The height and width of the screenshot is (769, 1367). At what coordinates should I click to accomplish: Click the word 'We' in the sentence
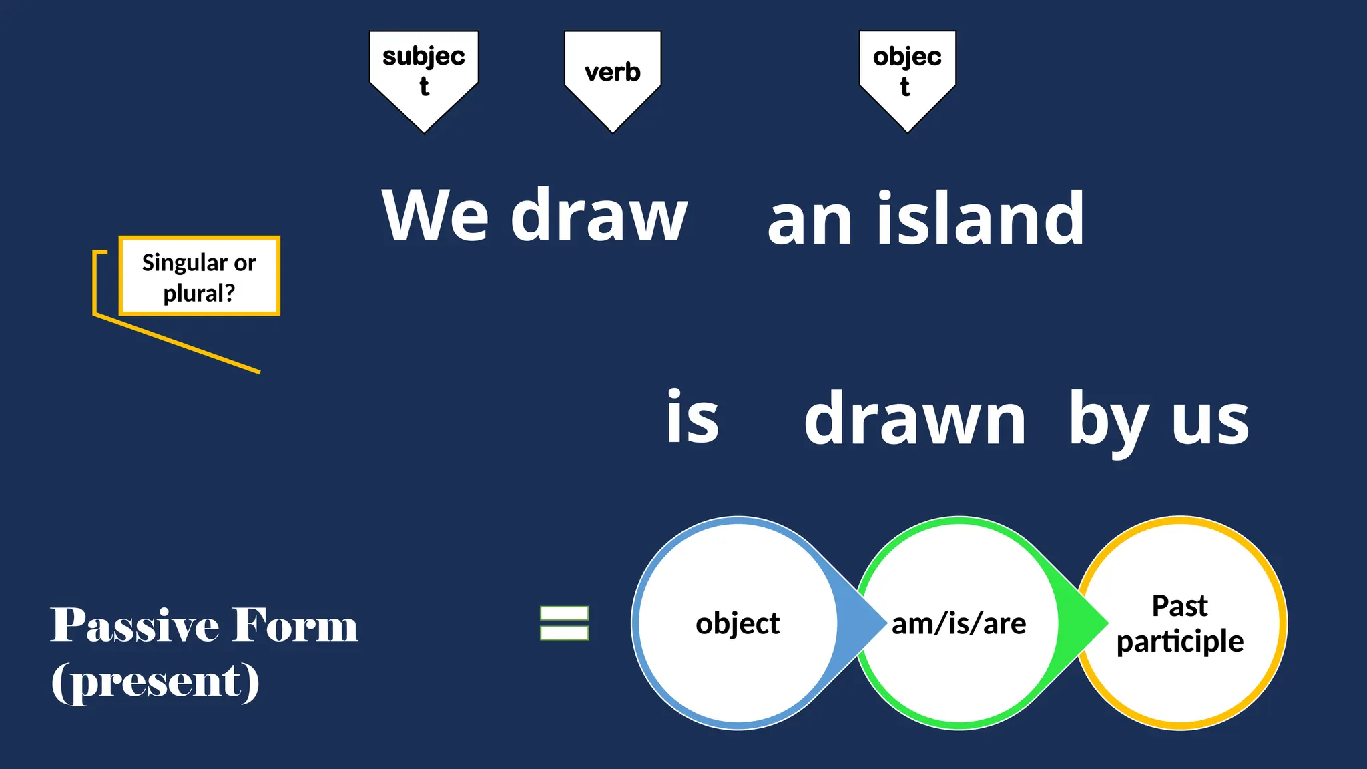pos(435,216)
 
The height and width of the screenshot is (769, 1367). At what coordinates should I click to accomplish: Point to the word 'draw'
pos(599,216)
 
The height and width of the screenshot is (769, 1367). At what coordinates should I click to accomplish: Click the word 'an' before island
pos(810,220)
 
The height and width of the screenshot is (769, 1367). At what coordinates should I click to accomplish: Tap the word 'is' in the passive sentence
pos(693,417)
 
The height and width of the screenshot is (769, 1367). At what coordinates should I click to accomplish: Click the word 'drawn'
pos(914,419)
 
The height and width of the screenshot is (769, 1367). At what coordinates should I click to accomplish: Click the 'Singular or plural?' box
pos(199,276)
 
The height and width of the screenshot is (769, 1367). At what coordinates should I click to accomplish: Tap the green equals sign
pos(565,623)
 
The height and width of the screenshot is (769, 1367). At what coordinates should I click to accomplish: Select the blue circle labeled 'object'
pos(737,623)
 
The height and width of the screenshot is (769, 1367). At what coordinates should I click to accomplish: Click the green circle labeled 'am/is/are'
pos(959,623)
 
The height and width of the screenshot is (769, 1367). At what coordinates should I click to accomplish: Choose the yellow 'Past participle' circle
pos(1181,623)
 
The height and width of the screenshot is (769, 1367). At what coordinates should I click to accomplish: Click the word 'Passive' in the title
pos(135,626)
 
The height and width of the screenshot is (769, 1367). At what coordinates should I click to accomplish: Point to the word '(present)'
pos(156,682)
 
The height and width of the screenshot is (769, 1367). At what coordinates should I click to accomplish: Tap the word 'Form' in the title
pos(296,626)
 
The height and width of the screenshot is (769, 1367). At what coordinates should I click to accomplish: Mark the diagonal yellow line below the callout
pos(177,344)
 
